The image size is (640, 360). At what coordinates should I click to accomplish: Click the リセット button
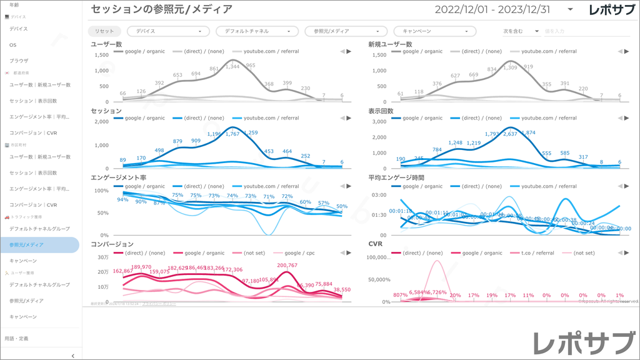coord(104,31)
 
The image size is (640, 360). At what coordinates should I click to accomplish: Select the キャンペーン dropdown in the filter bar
coord(434,31)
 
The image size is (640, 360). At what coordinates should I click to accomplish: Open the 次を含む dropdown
coord(521,31)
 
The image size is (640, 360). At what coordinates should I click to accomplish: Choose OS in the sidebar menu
coord(13,45)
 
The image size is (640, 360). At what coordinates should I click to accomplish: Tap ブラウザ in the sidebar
coord(19,61)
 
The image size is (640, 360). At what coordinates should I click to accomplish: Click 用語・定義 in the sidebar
coord(16,338)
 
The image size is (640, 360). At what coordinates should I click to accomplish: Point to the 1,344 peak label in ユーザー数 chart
coord(232,66)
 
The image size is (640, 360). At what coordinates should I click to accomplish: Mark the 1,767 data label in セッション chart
coord(232,134)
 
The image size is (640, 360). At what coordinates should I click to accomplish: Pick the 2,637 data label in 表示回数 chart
coord(510,134)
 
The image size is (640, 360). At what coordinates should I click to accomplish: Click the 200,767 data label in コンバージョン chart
coord(287,266)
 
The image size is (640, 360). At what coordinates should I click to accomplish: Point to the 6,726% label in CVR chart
coord(437,292)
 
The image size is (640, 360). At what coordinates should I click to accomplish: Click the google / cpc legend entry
coord(298,253)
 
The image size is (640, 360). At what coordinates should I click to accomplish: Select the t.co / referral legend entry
coord(537,253)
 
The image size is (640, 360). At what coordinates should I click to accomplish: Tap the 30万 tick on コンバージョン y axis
coord(104,257)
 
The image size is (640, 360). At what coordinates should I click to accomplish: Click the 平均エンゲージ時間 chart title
coord(396,177)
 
